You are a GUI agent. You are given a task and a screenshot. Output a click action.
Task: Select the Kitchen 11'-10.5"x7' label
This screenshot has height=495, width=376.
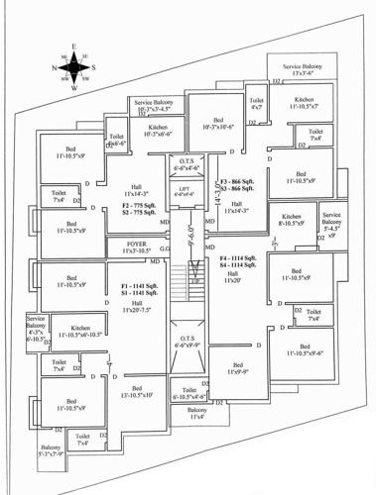[x=305, y=102]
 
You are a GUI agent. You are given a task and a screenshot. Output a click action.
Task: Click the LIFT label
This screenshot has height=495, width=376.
[x=185, y=190]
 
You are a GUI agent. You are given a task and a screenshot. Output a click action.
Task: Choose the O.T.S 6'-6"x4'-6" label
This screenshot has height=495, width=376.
[x=185, y=164]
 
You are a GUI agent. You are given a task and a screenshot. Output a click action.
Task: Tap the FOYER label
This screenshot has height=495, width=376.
[x=136, y=247]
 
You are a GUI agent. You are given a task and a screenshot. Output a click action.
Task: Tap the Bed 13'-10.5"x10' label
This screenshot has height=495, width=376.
[x=137, y=391]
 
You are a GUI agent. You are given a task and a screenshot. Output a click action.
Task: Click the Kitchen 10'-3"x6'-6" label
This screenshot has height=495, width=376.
[x=157, y=131]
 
